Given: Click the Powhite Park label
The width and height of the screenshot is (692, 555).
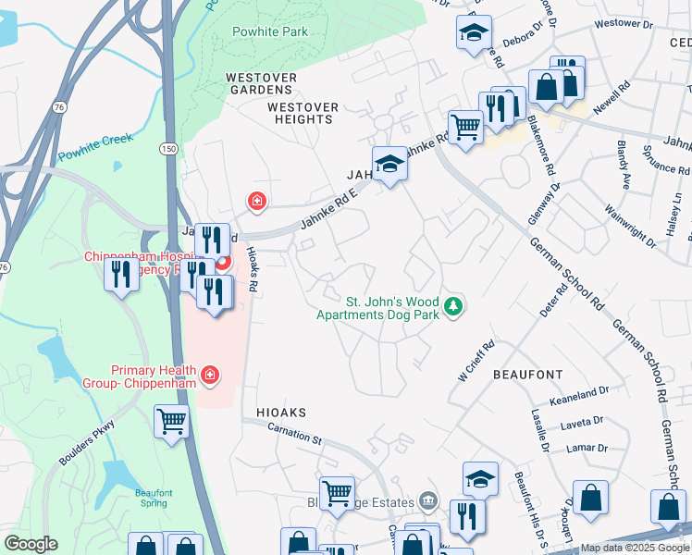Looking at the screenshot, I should [x=270, y=31].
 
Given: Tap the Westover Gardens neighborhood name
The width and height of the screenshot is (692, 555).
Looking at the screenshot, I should [x=264, y=84].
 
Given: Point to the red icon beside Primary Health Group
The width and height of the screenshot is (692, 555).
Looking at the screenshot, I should [x=211, y=374].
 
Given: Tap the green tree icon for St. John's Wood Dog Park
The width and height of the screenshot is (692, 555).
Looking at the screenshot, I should [x=452, y=305].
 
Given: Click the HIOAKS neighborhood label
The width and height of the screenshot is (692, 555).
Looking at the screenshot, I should [x=274, y=412].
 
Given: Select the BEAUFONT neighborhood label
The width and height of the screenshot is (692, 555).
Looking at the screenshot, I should [x=527, y=374].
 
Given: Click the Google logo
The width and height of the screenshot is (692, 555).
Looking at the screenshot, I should [x=31, y=544].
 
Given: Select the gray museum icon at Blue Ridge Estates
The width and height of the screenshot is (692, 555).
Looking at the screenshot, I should [x=426, y=500].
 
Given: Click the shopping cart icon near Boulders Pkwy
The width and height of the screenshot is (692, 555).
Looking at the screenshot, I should [x=172, y=422].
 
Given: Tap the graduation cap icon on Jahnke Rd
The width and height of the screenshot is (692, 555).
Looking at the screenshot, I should [x=390, y=164].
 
